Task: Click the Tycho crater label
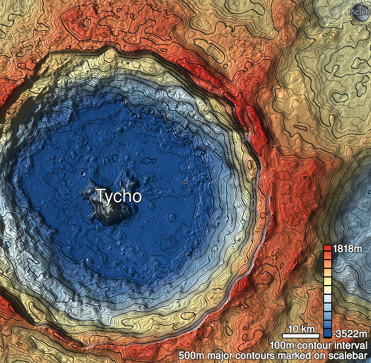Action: coord(118,196)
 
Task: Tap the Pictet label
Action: coord(358,12)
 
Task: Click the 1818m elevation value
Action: coord(347,249)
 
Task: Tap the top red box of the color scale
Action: coord(328,248)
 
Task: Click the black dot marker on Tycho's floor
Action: coord(185,181)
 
